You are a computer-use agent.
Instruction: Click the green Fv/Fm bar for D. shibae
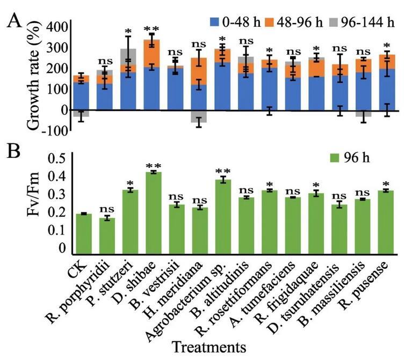[x=154, y=212]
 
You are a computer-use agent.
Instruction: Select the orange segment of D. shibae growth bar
[x=154, y=53]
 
